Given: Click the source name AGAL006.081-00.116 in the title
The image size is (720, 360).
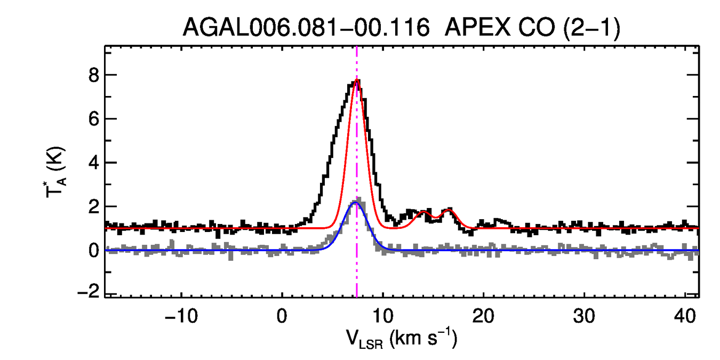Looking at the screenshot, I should (306, 28).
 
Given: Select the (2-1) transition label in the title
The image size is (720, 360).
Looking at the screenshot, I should (590, 28).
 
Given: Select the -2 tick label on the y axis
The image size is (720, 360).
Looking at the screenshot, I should (90, 294).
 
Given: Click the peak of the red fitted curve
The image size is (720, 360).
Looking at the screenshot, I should (357, 80).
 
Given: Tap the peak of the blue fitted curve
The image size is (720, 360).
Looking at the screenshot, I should (356, 203).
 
